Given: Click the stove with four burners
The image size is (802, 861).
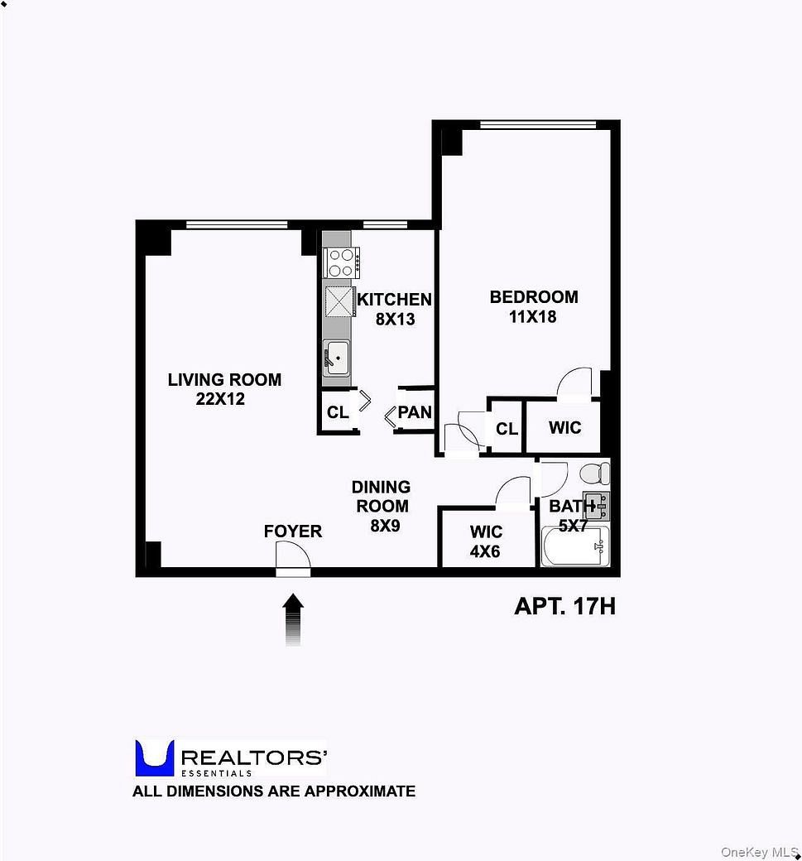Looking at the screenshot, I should point(340,262).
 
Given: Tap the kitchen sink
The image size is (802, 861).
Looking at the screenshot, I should point(336,358).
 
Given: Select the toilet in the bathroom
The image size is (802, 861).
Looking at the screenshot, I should point(594,474).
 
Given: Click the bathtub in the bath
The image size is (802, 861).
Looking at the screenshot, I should point(575,547).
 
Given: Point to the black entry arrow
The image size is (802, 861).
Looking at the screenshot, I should point(293,619).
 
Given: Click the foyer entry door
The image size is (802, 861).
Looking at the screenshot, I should point(292,559).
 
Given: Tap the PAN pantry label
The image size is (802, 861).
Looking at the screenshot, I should point(415,412).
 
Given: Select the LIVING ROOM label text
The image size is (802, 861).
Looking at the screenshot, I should point(224,380).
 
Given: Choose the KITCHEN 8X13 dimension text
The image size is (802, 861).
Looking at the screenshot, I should point(395,319).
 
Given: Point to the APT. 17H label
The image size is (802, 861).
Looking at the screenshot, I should point(564,607).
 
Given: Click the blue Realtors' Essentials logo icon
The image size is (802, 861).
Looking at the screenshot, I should point(154,758).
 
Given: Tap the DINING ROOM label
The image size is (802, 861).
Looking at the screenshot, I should point(381,497).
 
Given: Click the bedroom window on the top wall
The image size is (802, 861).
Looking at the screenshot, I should point(537,125).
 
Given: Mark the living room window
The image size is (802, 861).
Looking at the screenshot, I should point(237,224).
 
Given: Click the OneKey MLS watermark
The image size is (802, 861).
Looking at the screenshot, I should point(758,852).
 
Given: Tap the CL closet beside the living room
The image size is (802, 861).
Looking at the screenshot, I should point(338,412).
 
